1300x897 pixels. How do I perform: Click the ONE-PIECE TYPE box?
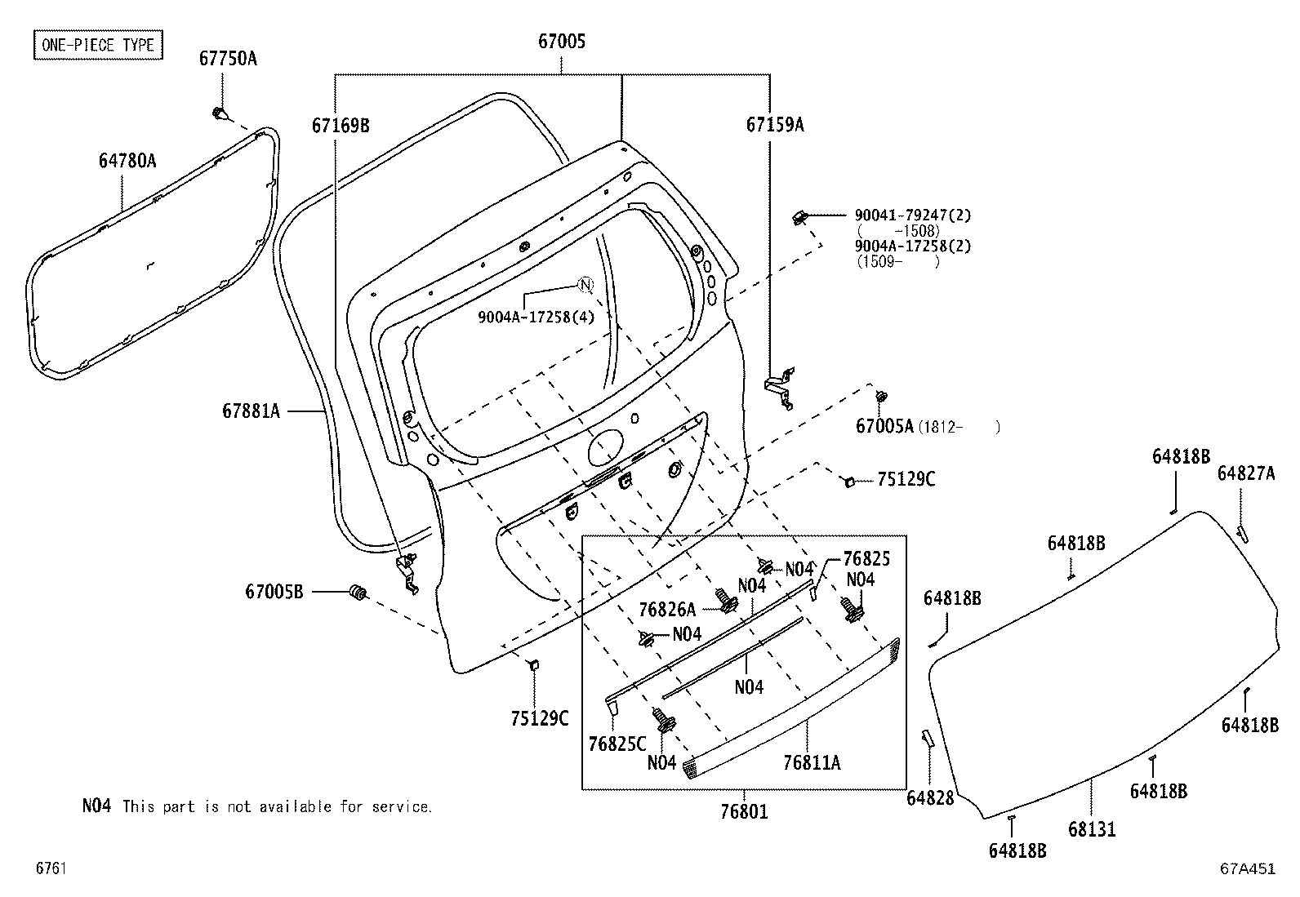pos(97,44)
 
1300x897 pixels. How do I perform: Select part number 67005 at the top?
pos(561,41)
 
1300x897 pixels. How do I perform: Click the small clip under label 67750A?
pos(219,113)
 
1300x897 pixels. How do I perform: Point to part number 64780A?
pos(127,161)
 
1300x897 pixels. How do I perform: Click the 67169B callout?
pos(340,125)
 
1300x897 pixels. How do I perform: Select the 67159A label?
pos(774,125)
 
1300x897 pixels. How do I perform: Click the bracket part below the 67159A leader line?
pos(779,387)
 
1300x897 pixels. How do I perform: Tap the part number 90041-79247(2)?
pos(912,215)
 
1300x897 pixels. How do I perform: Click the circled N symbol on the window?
pos(585,284)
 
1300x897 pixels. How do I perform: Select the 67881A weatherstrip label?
pos(251,411)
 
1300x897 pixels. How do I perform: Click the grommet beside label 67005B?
pos(358,592)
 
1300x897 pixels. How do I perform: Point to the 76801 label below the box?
pos(744,812)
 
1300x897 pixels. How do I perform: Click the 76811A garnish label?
pos(811,762)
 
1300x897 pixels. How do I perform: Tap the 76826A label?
pos(667,609)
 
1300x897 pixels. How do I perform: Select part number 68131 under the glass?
pos(1091,829)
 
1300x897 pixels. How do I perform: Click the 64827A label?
pos(1245,473)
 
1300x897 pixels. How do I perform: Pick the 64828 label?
pos(929,798)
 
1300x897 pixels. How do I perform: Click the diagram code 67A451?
pos(1247,869)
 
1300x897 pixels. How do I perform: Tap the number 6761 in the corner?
pos(51,869)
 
